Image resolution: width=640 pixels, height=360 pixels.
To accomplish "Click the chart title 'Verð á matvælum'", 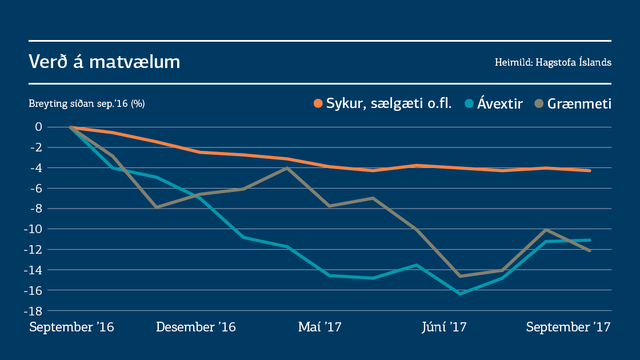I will click(105, 62).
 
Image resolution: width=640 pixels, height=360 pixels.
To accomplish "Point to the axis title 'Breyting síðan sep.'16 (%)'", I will click(87, 104).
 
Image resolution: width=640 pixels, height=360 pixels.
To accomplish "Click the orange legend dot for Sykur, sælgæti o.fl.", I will click(318, 104).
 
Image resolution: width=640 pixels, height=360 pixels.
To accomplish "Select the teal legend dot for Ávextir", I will click(470, 104).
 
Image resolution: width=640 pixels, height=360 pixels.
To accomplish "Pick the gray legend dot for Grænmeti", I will click(539, 104).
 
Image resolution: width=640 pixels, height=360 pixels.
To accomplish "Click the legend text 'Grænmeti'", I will click(579, 104).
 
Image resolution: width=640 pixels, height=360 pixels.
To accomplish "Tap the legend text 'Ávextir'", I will click(500, 104).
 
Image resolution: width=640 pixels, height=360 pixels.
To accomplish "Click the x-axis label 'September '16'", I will click(71, 327).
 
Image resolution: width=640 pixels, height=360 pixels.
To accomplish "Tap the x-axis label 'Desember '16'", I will click(196, 327).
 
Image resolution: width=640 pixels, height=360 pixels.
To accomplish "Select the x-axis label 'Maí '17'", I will click(319, 327).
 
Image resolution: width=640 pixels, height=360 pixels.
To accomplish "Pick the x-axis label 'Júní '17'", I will click(444, 327).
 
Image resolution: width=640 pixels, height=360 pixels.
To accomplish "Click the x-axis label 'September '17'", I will click(569, 327).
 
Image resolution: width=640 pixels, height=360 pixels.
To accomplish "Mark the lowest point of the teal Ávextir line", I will click(460, 294).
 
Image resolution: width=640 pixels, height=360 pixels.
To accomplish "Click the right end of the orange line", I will click(590, 170).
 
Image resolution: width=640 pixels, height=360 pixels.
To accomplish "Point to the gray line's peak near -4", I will click(287, 167).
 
